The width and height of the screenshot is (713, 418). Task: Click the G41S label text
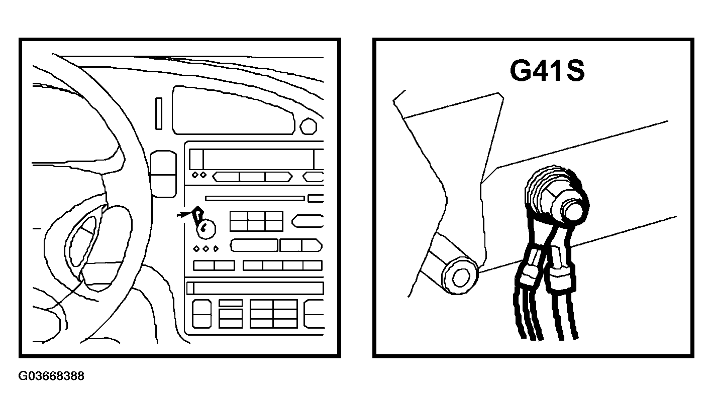click(x=547, y=71)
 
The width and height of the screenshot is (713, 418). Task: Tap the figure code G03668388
click(x=51, y=376)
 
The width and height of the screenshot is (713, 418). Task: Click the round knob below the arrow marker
click(x=206, y=229)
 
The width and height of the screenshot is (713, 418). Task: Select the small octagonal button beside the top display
click(x=308, y=126)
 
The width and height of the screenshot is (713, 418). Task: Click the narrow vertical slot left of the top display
click(x=158, y=113)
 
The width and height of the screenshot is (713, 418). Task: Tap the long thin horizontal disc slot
click(x=255, y=198)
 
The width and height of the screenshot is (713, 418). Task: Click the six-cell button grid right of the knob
click(x=256, y=221)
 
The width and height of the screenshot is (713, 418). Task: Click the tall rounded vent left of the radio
click(x=163, y=174)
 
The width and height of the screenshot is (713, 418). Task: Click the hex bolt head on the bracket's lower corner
click(x=460, y=276)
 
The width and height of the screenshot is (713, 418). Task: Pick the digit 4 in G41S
click(x=539, y=71)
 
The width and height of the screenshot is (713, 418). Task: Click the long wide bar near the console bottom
click(x=255, y=289)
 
